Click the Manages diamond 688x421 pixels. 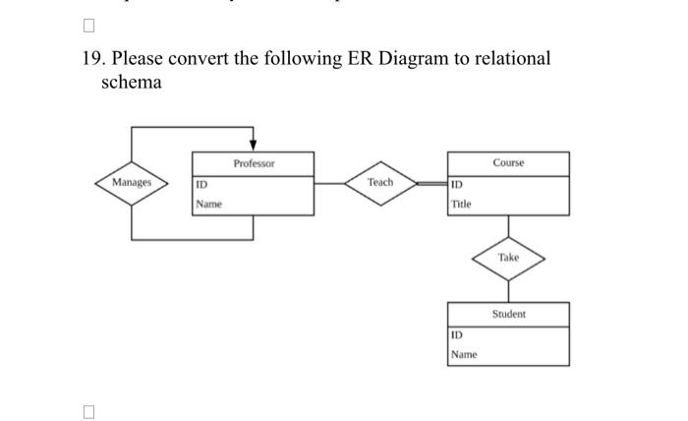point(132,183)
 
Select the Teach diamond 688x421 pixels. point(379,183)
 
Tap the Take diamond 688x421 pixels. point(508,258)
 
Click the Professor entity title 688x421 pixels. point(254,163)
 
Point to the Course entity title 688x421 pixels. point(508,163)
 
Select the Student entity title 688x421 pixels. point(508,314)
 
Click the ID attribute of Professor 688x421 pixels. point(201,184)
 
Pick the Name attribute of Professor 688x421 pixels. point(208,205)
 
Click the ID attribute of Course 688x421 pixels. point(456,184)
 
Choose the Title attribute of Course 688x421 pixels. point(461,205)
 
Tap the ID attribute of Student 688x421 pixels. point(456,334)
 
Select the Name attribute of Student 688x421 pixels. point(463,354)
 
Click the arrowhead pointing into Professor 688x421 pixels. point(254,146)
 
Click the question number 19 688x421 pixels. point(91,59)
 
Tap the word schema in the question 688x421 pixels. point(132,83)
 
